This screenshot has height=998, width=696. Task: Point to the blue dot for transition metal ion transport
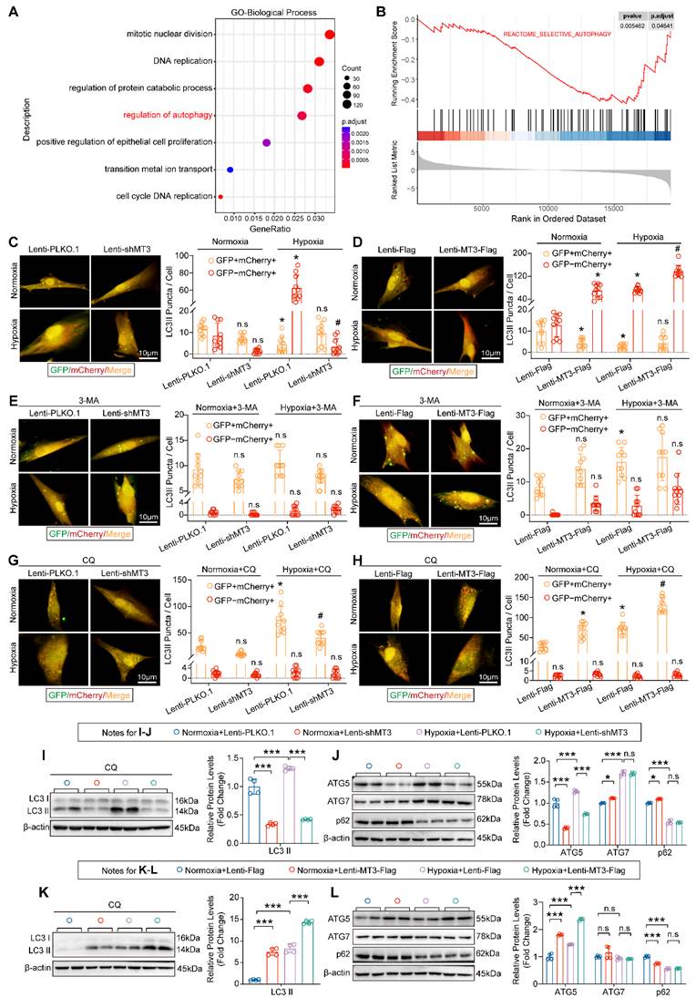(230, 170)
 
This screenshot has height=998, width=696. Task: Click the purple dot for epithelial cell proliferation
(266, 143)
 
